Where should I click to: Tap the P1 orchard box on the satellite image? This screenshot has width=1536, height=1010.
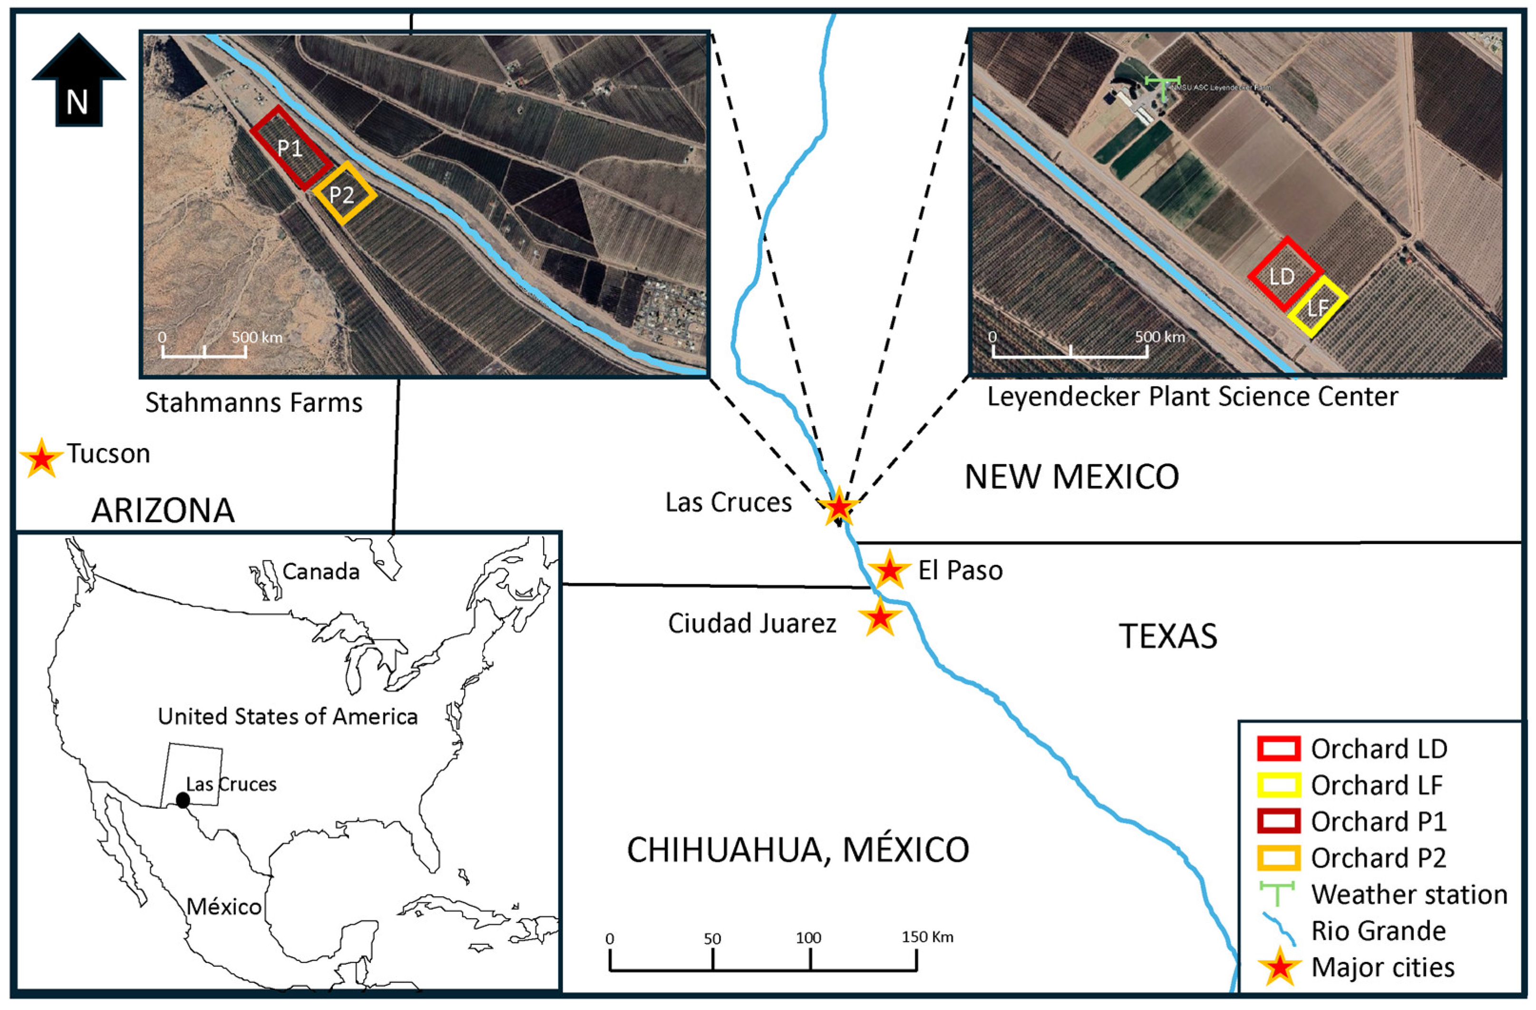(291, 148)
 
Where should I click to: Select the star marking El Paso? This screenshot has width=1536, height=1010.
(889, 570)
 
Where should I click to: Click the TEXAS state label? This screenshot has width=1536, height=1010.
(1167, 636)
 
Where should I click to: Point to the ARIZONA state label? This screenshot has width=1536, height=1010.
(163, 511)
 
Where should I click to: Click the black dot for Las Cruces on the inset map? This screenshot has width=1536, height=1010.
(183, 800)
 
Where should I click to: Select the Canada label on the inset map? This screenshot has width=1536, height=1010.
(321, 571)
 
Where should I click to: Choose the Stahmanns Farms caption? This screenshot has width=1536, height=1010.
(253, 403)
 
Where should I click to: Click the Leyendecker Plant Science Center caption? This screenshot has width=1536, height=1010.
(1193, 396)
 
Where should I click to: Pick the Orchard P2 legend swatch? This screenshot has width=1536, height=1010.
(1278, 858)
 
